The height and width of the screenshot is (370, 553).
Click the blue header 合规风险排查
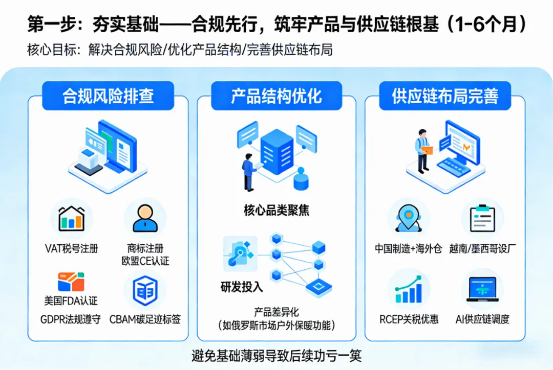pyautogui.click(x=108, y=96)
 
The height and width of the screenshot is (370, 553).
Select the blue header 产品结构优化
pyautogui.click(x=276, y=96)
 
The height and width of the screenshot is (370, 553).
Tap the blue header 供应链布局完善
pyautogui.click(x=444, y=96)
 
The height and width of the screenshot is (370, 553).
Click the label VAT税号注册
pyautogui.click(x=71, y=249)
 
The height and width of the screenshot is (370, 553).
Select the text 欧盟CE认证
pyautogui.click(x=145, y=261)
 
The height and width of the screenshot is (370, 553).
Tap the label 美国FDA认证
pyautogui.click(x=71, y=300)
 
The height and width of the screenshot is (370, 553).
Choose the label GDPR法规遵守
pyautogui.click(x=71, y=320)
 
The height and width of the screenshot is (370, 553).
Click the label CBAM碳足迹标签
pyautogui.click(x=145, y=320)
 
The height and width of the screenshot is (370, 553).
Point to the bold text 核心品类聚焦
pyautogui.click(x=276, y=210)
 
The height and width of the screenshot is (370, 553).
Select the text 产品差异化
pyautogui.click(x=276, y=312)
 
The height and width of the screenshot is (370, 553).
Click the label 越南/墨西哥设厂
pyautogui.click(x=482, y=249)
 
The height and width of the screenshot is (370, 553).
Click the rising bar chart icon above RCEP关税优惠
pyautogui.click(x=408, y=290)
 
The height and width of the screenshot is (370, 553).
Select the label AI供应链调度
pyautogui.click(x=482, y=320)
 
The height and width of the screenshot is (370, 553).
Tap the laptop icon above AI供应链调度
pyautogui.click(x=482, y=290)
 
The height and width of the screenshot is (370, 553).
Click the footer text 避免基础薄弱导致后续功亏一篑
pyautogui.click(x=276, y=355)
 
